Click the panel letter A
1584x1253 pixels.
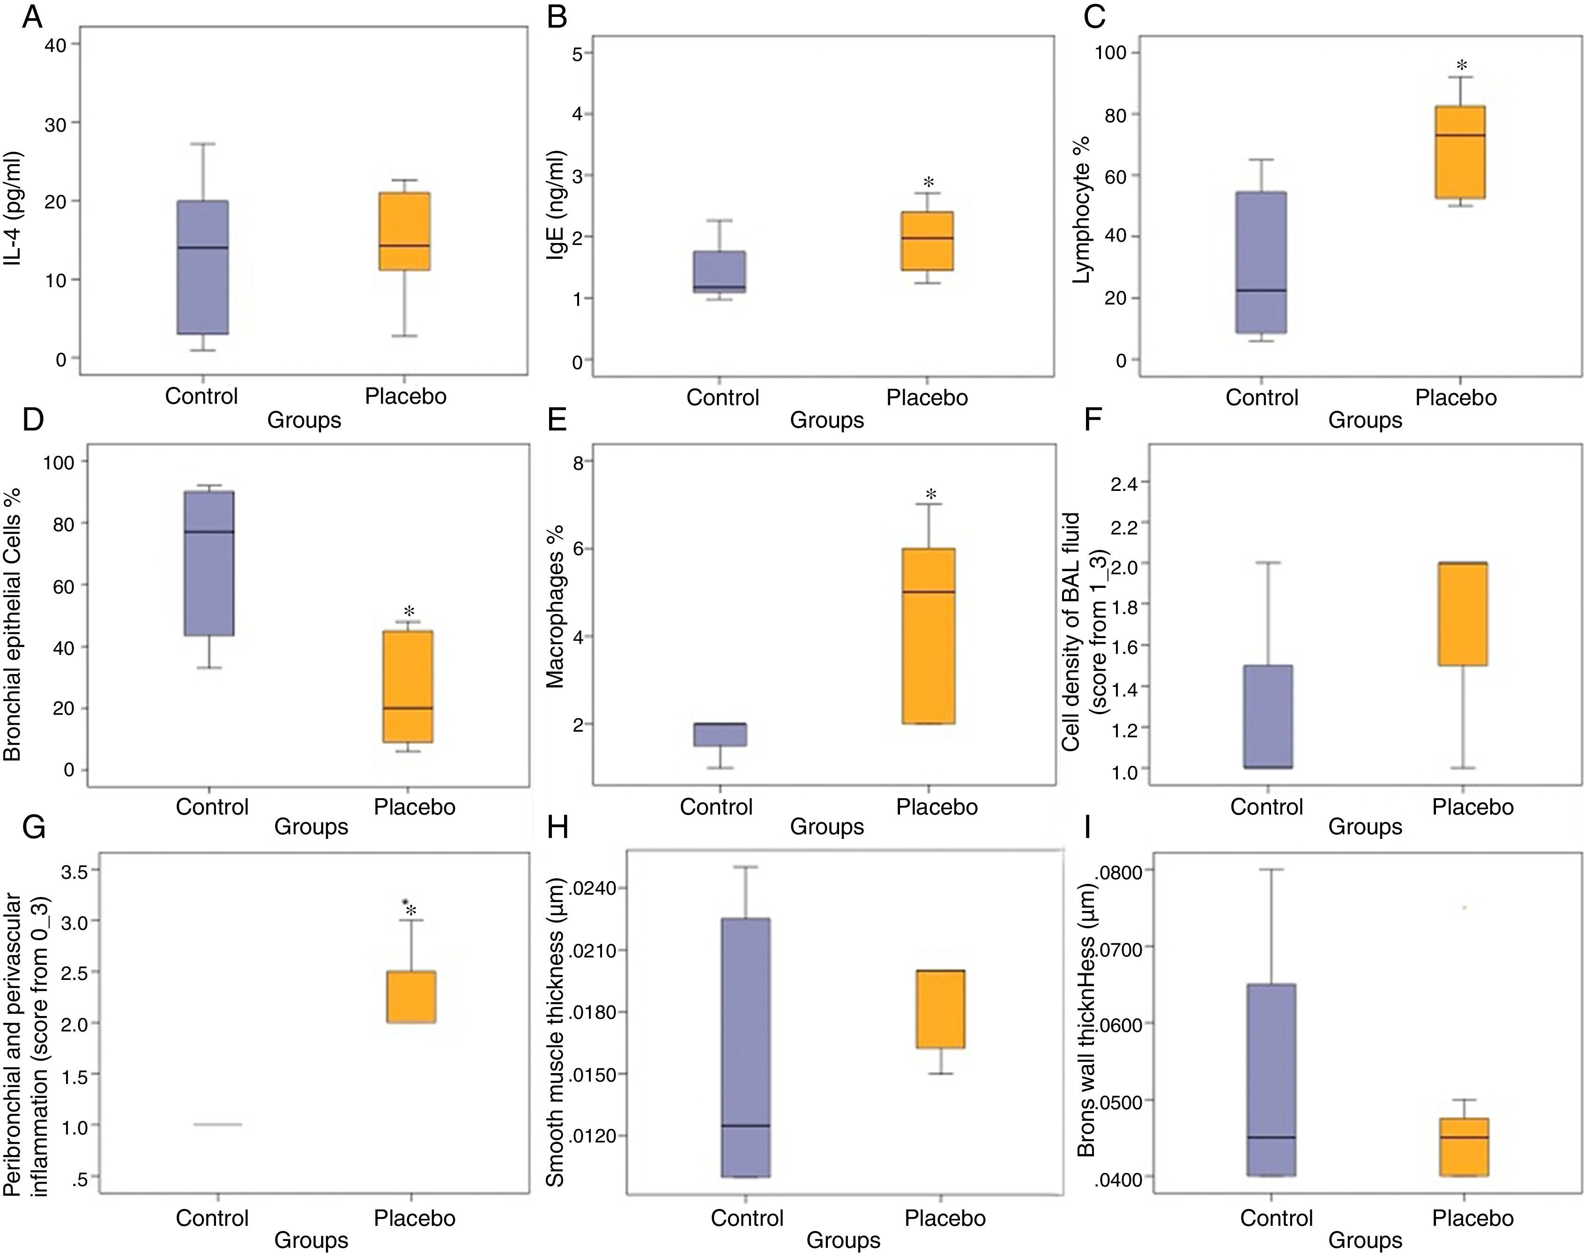(31, 15)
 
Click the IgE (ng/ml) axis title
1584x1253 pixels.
(558, 216)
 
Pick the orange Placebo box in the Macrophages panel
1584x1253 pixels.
(928, 635)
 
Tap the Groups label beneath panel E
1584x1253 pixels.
(827, 827)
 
